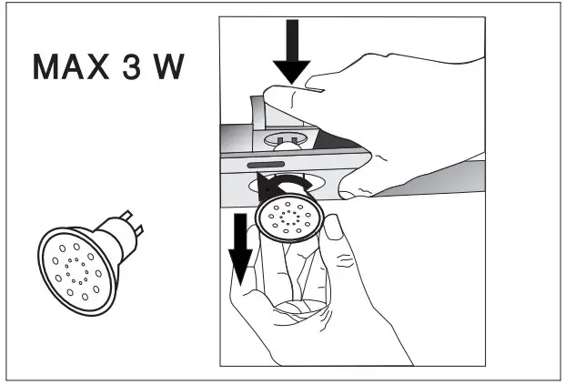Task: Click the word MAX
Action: (72, 67)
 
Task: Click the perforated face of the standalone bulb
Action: (76, 263)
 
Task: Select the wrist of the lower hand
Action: (273, 350)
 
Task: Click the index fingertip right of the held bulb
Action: (334, 227)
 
